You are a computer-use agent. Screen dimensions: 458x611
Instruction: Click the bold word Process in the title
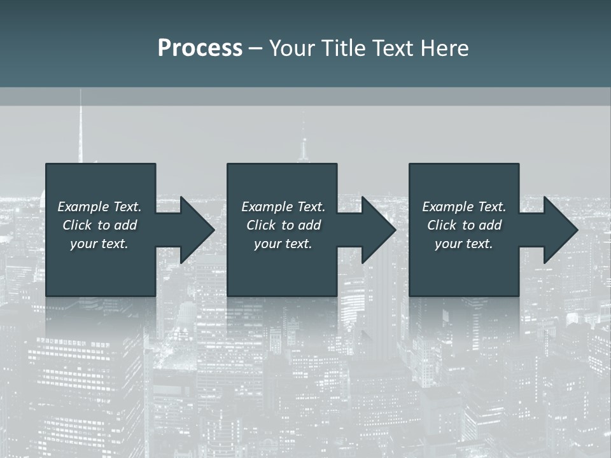(x=200, y=48)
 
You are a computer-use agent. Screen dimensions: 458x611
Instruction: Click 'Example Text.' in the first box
(x=99, y=207)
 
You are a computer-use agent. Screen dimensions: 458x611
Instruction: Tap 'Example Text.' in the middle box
(x=283, y=207)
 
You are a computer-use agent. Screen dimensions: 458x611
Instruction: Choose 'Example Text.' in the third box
(x=464, y=207)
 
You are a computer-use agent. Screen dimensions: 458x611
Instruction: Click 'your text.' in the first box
(x=99, y=244)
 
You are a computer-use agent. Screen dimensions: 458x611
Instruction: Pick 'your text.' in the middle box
(x=283, y=244)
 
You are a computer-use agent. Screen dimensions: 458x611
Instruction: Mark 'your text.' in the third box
(x=464, y=244)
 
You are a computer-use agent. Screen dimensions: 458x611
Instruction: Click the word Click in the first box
(x=77, y=225)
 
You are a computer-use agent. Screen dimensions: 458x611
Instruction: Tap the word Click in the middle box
(x=261, y=225)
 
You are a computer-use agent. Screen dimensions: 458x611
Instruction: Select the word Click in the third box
(x=442, y=225)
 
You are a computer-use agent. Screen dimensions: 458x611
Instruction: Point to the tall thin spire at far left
(x=80, y=127)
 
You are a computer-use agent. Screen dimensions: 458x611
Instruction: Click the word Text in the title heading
(x=393, y=48)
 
